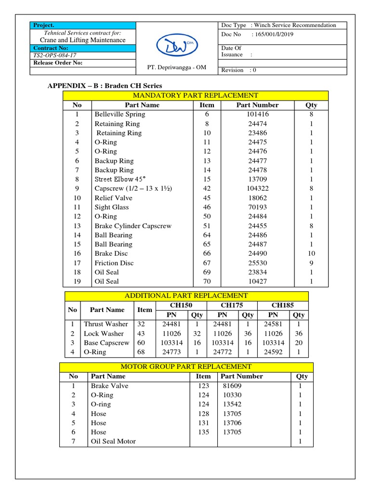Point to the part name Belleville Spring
119,114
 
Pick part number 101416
257,114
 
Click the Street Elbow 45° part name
120,179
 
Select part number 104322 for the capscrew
257,188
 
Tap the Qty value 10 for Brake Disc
311,253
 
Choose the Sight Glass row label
111,207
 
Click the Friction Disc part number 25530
257,263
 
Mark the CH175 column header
232,305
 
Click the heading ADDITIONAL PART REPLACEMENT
186,296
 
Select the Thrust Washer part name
106,324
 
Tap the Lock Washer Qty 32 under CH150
197,333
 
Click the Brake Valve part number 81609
232,386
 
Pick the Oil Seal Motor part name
113,441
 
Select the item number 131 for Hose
203,423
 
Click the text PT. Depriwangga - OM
177,67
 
